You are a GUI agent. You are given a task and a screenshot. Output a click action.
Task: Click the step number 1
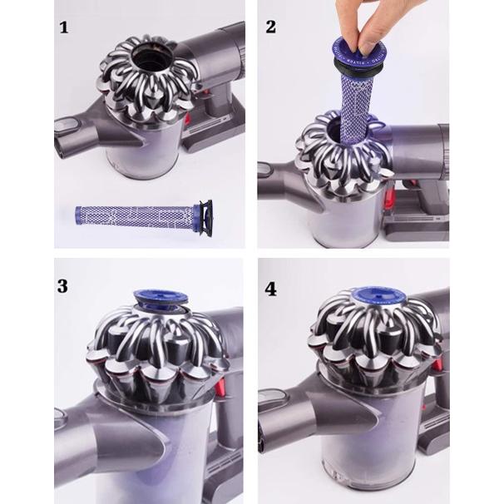pos(64,27)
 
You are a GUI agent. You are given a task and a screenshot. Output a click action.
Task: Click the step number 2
pos(270,27)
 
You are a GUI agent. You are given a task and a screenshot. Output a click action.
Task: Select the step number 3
pos(64,285)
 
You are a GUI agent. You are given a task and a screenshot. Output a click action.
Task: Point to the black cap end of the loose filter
pos(204,219)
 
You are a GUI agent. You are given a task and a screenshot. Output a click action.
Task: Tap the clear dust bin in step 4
pos(358,449)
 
